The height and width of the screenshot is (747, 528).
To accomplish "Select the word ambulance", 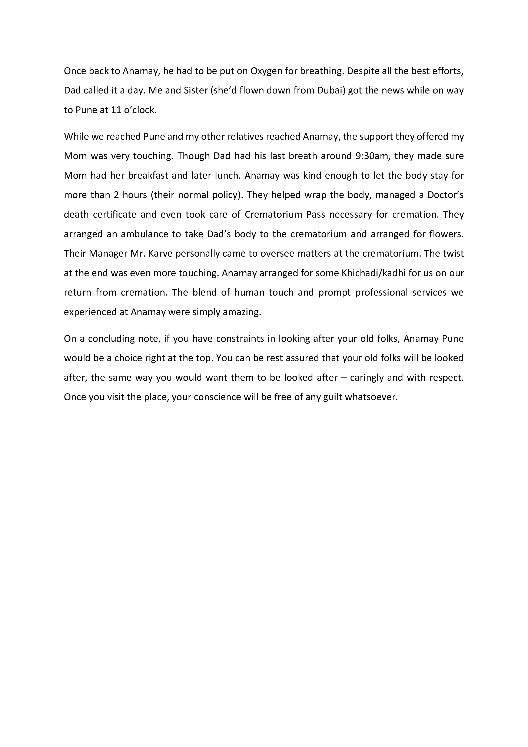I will [144, 234].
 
